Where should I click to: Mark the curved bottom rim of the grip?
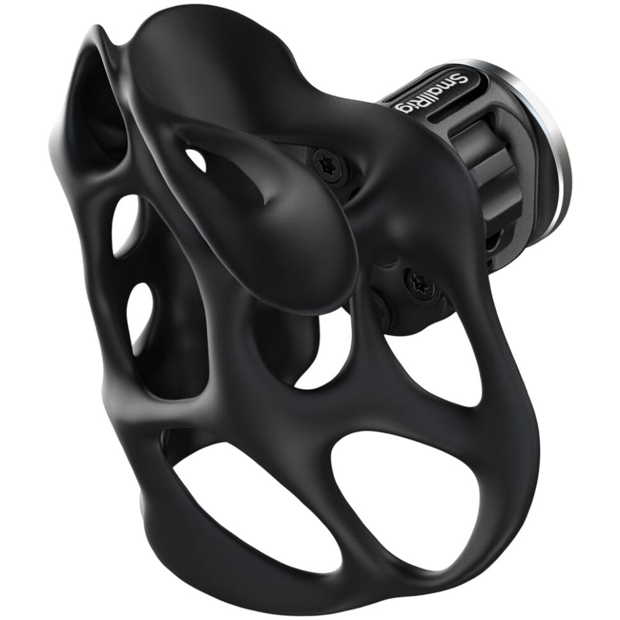click(288, 575)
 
